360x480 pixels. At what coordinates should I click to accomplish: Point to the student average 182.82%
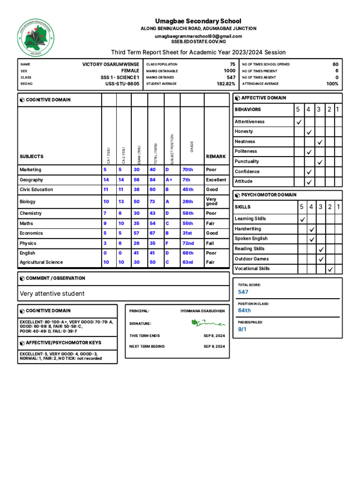[x=225, y=84]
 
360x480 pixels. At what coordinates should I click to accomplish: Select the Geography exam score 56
[x=136, y=180]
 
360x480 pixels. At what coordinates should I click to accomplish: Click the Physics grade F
[x=167, y=243]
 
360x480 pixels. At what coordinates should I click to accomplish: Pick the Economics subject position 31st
[x=187, y=233]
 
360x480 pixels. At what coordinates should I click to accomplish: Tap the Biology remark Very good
[x=212, y=202]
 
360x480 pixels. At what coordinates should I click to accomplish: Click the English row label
[x=27, y=253]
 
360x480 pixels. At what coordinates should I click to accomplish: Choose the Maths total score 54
[x=152, y=224]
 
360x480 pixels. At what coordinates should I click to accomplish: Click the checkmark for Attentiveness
[x=299, y=122]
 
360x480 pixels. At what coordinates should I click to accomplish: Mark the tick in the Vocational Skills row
[x=330, y=269]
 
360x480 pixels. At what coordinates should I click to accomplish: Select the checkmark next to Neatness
[x=320, y=142]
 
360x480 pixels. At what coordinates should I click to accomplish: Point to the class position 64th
[x=244, y=310]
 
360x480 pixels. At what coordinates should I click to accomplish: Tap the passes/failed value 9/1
[x=242, y=330]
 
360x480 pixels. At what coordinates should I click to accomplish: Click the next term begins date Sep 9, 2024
[x=214, y=346]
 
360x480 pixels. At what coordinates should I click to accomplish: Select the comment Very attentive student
[x=52, y=293]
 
